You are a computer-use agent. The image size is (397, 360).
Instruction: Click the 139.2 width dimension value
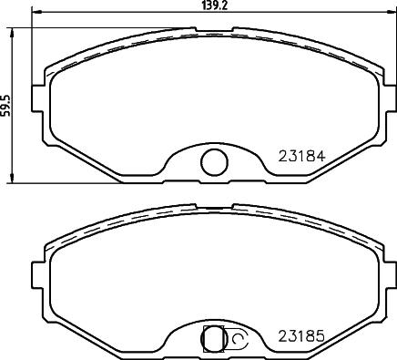(x=212, y=6)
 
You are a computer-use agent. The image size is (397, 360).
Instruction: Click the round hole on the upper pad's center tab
(x=213, y=162)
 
